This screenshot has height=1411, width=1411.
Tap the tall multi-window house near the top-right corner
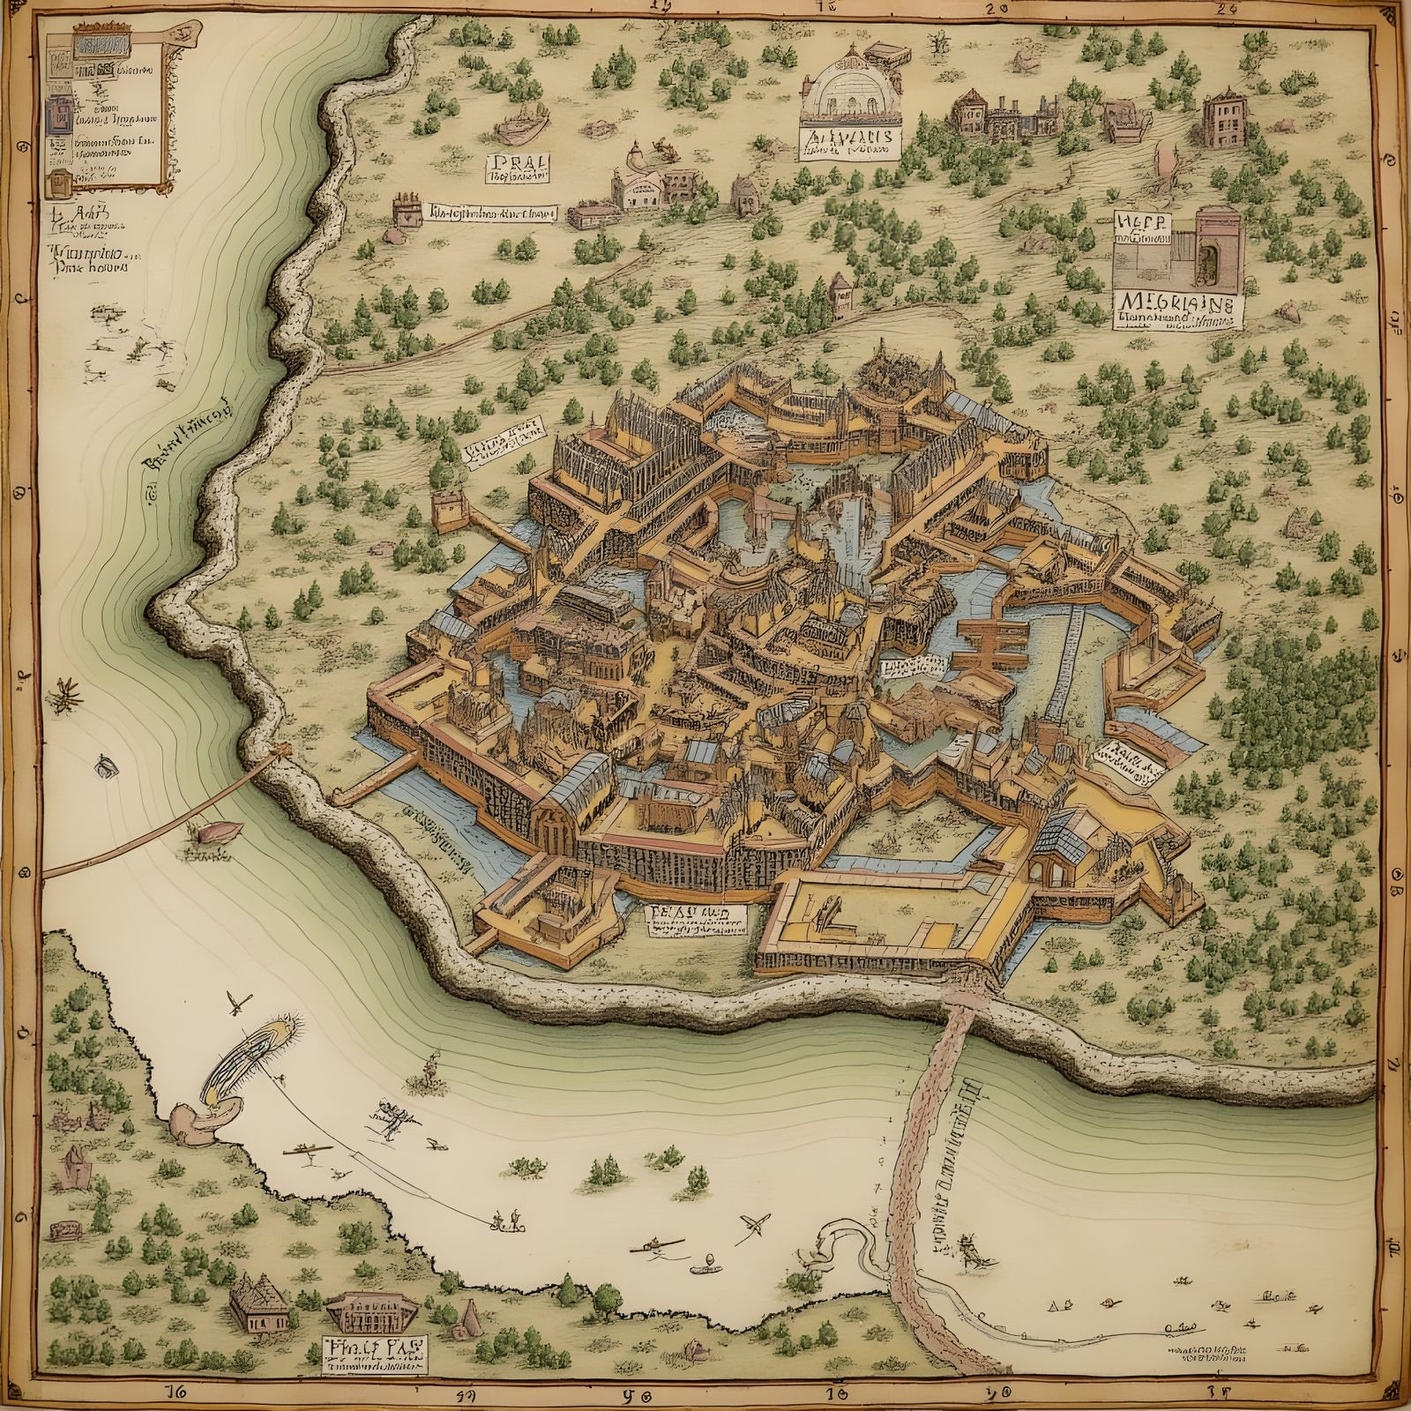click(x=1221, y=116)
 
